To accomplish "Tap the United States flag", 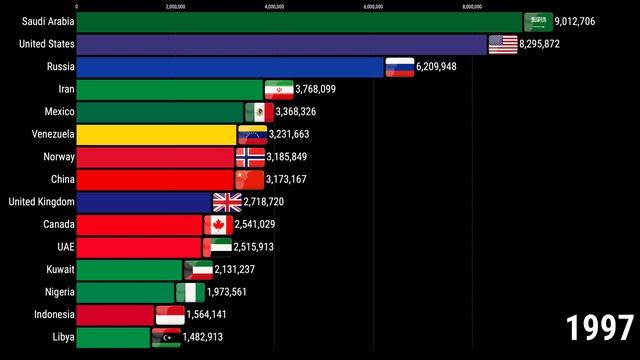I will pyautogui.click(x=502, y=45).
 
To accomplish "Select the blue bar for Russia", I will pyautogui.click(x=230, y=67).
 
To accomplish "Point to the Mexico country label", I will pyautogui.click(x=51, y=112).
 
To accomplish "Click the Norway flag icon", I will pyautogui.click(x=249, y=157).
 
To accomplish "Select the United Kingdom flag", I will pyautogui.click(x=227, y=202).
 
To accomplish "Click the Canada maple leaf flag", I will pyautogui.click(x=218, y=225).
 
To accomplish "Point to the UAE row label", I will pyautogui.click(x=59, y=247).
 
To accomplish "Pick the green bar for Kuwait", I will pyautogui.click(x=129, y=270).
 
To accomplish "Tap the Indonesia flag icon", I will pyautogui.click(x=169, y=315).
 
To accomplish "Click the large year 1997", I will pyautogui.click(x=600, y=328).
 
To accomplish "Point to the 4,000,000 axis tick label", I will pyautogui.click(x=275, y=6).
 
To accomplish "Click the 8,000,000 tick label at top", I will pyautogui.click(x=473, y=6).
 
